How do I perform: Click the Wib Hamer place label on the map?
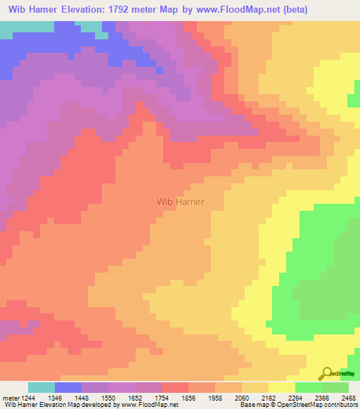[x=181, y=202]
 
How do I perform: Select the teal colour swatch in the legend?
[x=41, y=387]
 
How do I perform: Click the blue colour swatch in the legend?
[x=68, y=387]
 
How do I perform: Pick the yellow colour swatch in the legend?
[x=282, y=387]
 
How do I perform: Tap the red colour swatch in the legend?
[x=175, y=387]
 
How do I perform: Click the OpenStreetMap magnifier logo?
[x=328, y=373]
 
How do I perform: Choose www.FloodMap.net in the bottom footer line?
[x=149, y=405]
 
